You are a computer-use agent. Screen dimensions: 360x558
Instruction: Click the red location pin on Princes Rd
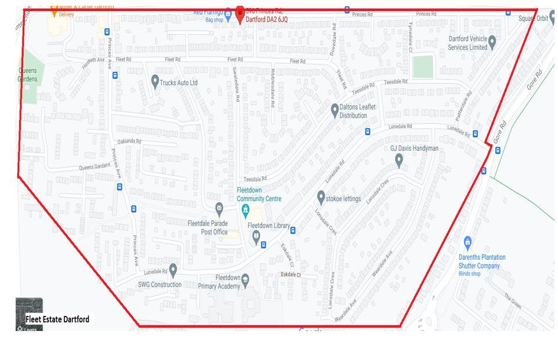click(x=240, y=13)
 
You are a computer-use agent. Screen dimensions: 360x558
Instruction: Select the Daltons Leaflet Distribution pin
click(x=335, y=109)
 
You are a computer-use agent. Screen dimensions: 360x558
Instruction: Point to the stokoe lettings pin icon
click(x=321, y=197)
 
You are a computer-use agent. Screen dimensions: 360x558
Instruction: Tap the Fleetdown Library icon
click(x=256, y=236)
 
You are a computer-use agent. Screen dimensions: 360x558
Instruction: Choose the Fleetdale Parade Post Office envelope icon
click(x=219, y=208)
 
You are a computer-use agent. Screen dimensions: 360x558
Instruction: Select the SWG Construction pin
click(x=173, y=270)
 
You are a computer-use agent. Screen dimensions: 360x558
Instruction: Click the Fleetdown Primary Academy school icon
click(x=245, y=280)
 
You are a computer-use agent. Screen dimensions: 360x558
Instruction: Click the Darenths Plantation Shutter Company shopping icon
click(x=468, y=242)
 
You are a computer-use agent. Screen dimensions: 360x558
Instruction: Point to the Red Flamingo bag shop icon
click(x=228, y=16)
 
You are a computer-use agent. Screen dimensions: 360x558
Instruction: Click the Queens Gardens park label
click(x=27, y=75)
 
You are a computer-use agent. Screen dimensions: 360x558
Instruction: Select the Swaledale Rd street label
click(x=237, y=92)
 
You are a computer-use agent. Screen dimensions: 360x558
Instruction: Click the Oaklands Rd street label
click(x=129, y=141)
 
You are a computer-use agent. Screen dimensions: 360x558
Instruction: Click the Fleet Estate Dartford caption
click(x=57, y=319)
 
